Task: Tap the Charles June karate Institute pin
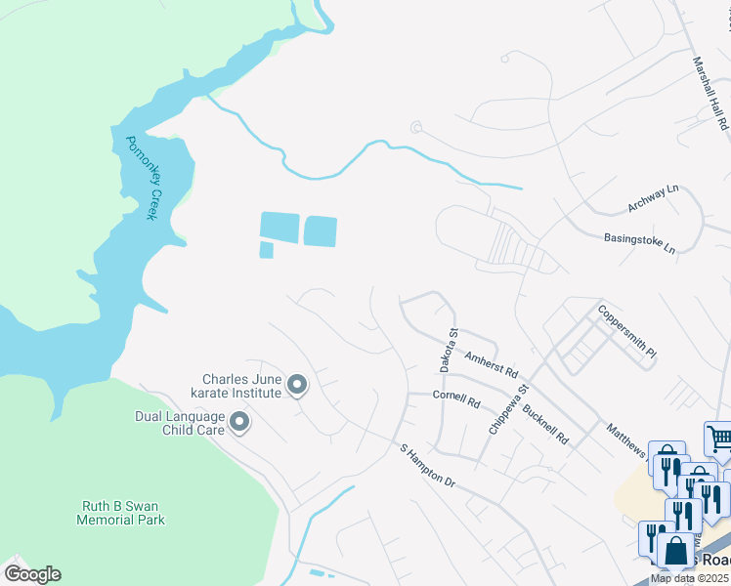[x=297, y=387]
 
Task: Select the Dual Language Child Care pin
[x=239, y=423]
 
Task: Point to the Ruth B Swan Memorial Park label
[x=121, y=513]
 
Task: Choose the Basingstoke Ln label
[x=639, y=242]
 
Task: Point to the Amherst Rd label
[x=491, y=366]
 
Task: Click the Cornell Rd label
[x=457, y=400]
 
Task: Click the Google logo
[x=31, y=573]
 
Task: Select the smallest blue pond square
[x=266, y=250]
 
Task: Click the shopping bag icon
[x=674, y=552]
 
